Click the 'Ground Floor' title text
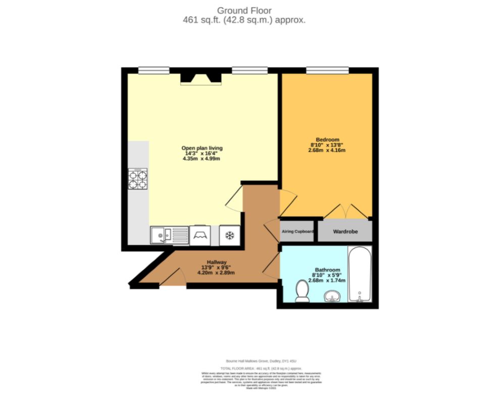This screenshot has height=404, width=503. [x=244, y=10]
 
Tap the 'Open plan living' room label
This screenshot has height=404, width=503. [x=202, y=148]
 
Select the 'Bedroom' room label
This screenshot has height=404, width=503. [x=327, y=139]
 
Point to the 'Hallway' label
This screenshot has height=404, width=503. [x=216, y=262]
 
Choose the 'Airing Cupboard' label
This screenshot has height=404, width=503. [x=297, y=232]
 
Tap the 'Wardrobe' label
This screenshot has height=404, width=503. [x=345, y=232]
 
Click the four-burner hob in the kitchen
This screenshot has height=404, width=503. [x=138, y=179]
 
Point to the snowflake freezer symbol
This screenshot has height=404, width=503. [x=229, y=235]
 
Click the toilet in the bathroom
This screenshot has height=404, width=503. [x=303, y=291]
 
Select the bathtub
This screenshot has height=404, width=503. [x=360, y=275]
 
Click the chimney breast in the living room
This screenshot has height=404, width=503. [x=201, y=77]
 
